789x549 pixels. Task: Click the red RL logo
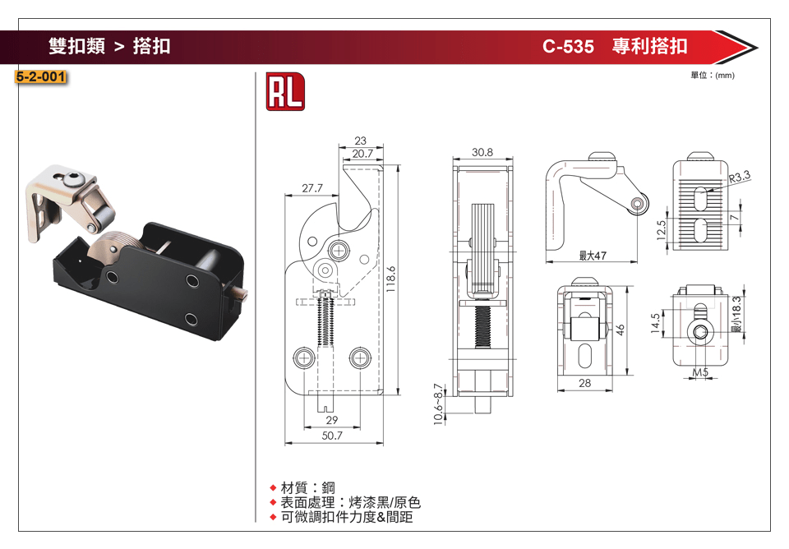pyautogui.click(x=284, y=91)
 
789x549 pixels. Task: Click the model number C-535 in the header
pyautogui.click(x=568, y=46)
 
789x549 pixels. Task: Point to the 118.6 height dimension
pyautogui.click(x=391, y=279)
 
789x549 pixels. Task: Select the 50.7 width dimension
pyautogui.click(x=332, y=436)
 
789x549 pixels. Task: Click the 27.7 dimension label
pyautogui.click(x=312, y=188)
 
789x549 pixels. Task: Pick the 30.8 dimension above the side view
pyautogui.click(x=482, y=152)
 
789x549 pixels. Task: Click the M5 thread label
pyautogui.click(x=700, y=373)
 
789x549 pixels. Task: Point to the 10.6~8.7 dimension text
pyautogui.click(x=438, y=403)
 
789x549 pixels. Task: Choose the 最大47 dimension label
pyautogui.click(x=592, y=256)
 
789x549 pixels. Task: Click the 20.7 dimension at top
pyautogui.click(x=362, y=154)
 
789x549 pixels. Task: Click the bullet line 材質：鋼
pyautogui.click(x=308, y=488)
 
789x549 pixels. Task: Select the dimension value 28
pyautogui.click(x=584, y=383)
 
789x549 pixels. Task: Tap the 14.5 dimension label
pyautogui.click(x=655, y=321)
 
